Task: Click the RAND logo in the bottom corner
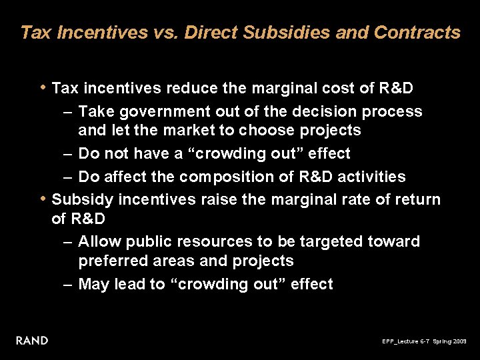[32, 341]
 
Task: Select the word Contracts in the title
[417, 32]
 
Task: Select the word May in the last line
[94, 284]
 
